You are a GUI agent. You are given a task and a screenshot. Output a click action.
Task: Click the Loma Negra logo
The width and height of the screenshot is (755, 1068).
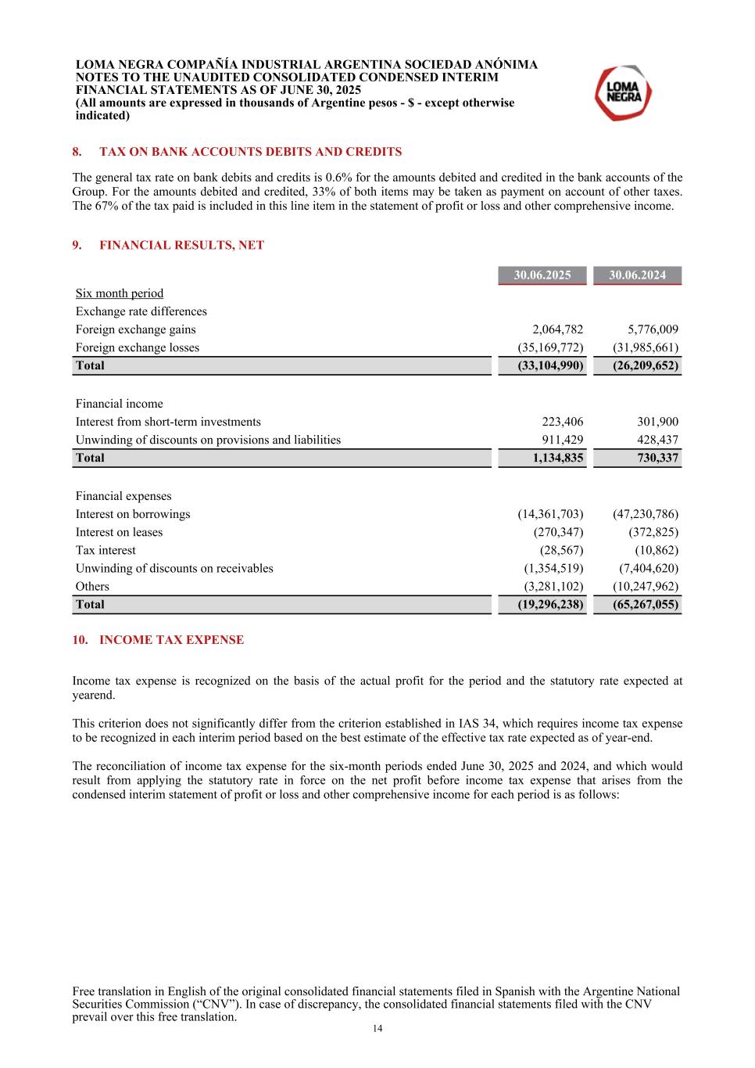tap(623, 93)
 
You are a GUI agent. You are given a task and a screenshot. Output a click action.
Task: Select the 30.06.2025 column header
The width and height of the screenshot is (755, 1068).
tap(542, 275)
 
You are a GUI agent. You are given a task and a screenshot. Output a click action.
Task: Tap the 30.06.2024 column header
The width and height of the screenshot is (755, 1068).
tap(637, 275)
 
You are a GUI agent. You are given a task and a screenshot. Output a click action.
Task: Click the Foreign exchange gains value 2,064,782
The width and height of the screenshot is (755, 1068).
tap(557, 329)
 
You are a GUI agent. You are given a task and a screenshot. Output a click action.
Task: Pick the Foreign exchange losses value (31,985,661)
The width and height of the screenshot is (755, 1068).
tap(645, 347)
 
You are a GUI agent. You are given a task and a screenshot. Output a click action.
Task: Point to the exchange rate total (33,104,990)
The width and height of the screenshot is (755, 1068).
tap(550, 365)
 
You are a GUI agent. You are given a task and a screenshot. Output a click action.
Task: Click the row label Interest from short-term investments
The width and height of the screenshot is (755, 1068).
tap(168, 422)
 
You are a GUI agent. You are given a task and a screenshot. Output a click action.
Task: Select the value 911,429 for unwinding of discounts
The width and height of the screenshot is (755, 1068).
tap(562, 440)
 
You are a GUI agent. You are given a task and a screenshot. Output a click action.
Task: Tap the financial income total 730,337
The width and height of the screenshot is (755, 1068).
tap(657, 458)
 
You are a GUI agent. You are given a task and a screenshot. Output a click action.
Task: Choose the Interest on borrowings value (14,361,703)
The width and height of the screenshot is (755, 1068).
tap(550, 514)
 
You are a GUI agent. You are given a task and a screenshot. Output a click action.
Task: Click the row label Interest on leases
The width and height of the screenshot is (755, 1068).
tap(119, 532)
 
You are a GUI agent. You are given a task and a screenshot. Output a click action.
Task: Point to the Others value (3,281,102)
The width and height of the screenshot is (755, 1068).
tap(553, 586)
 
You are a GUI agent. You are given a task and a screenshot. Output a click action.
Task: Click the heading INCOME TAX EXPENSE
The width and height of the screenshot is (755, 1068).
tap(171, 640)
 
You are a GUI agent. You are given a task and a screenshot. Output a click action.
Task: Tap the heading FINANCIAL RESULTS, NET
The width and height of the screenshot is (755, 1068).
tap(181, 246)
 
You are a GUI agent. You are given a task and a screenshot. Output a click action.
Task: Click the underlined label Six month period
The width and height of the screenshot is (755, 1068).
tap(120, 293)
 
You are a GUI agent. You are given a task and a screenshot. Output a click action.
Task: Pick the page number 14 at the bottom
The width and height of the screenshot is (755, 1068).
tap(377, 1029)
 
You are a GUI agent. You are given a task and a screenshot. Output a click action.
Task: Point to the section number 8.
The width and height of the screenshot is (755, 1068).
tap(77, 152)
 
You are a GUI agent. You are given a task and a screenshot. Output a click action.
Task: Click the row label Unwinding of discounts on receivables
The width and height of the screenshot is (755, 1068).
tap(174, 568)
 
